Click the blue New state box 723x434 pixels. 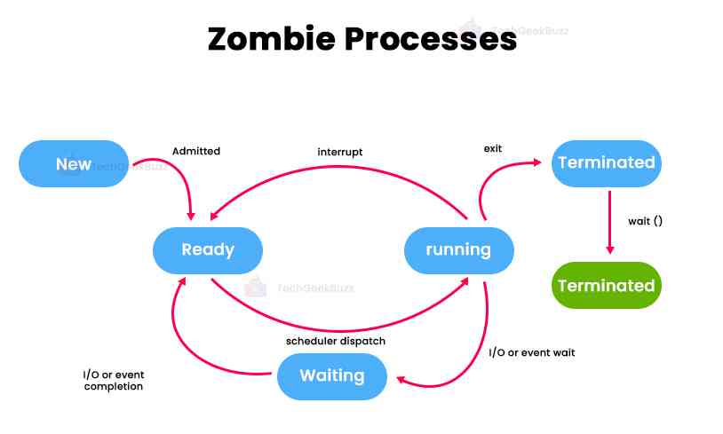click(74, 163)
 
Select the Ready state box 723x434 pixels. click(208, 249)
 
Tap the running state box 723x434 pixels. click(458, 249)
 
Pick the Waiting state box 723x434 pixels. click(332, 375)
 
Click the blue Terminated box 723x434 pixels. click(606, 162)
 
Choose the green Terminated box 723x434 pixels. click(606, 285)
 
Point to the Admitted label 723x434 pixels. click(195, 151)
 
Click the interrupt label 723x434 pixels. click(340, 152)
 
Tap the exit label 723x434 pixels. click(493, 148)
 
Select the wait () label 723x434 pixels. click(645, 221)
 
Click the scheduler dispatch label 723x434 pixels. click(335, 341)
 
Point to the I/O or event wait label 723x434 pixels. click(532, 352)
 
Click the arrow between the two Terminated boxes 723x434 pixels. click(608, 222)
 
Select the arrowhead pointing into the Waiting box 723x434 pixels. click(401, 380)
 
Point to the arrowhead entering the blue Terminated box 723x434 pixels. click(536, 162)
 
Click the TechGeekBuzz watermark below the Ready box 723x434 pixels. click(315, 288)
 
